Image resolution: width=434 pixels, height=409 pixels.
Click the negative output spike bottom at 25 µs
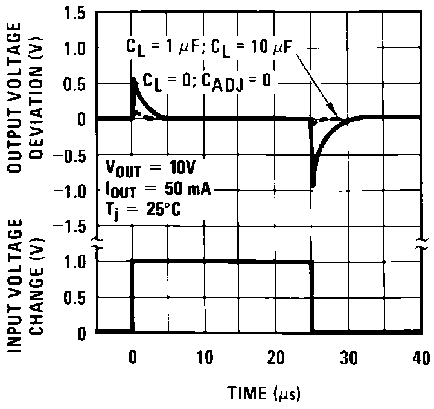(x=313, y=186)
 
